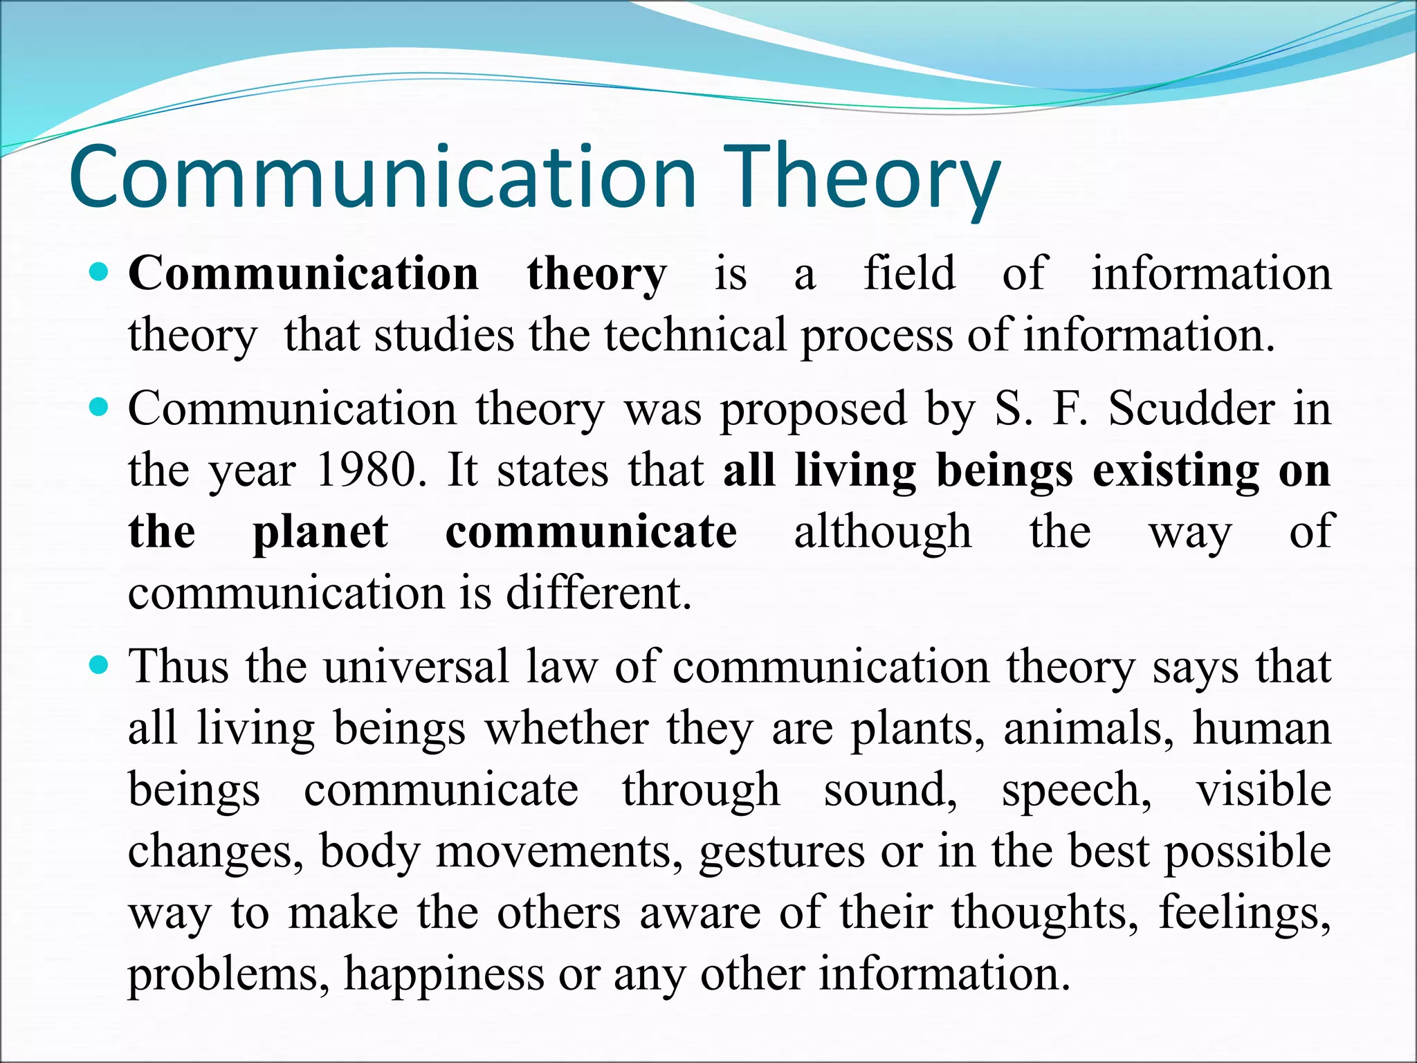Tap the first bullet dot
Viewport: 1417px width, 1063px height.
(100, 273)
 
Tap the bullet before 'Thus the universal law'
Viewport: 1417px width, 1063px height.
(100, 666)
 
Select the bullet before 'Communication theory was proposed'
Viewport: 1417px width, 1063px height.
(100, 408)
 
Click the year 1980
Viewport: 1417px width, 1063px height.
(367, 470)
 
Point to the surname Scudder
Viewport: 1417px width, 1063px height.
(1191, 408)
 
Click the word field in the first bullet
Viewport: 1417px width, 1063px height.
(909, 273)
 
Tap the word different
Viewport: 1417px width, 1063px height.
(598, 593)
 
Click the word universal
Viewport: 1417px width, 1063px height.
(416, 666)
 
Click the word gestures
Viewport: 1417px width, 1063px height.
(781, 851)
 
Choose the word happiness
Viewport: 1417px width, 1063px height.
(444, 974)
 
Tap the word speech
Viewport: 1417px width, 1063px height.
(1077, 790)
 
